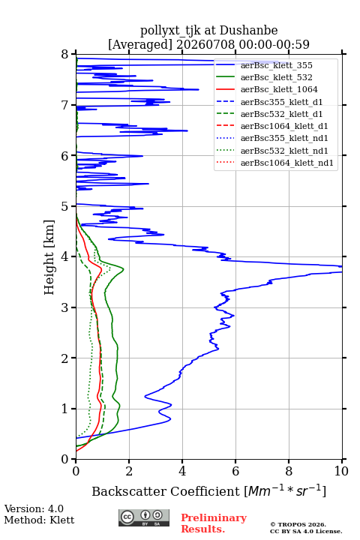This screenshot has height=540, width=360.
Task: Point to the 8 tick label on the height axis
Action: (65, 54)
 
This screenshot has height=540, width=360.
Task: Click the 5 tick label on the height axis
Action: (65, 206)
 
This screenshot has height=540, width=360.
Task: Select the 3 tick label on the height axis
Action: (65, 307)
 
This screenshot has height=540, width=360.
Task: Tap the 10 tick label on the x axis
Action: (341, 471)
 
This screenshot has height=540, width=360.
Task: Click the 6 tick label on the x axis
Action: (235, 471)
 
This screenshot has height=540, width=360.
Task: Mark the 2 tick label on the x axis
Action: (129, 471)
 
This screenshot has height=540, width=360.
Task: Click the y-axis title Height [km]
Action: (49, 257)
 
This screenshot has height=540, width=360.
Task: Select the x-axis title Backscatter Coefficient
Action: (165, 491)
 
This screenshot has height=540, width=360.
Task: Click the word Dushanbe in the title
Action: (248, 31)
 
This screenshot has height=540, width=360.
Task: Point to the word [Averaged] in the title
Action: (140, 44)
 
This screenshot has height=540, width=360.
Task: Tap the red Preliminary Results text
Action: (214, 523)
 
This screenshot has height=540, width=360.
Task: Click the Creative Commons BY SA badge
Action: (144, 517)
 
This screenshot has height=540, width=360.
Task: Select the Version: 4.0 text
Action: (34, 508)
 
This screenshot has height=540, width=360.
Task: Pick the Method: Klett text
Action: (39, 520)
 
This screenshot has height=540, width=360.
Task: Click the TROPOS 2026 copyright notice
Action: (298, 524)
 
